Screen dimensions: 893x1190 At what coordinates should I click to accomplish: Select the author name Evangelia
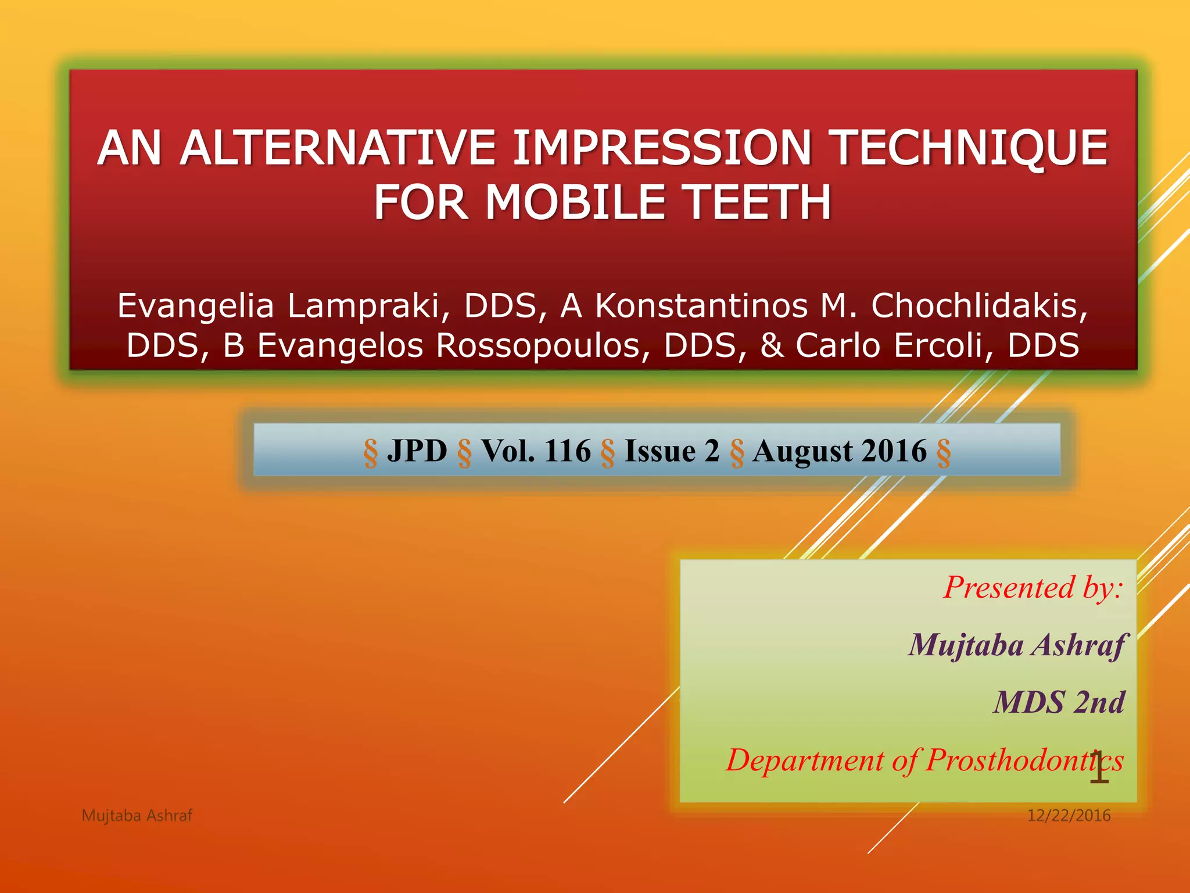[195, 306]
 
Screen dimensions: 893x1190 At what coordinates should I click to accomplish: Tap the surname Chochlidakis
[978, 305]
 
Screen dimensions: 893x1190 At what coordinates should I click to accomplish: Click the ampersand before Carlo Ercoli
[772, 345]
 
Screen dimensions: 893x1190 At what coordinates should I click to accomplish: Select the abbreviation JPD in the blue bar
[417, 451]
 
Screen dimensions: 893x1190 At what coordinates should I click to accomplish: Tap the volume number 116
[562, 451]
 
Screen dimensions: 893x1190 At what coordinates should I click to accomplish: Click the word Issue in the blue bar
[659, 451]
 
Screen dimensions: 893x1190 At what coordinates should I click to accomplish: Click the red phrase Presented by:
[1033, 587]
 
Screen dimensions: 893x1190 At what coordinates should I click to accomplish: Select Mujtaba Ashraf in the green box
[1017, 645]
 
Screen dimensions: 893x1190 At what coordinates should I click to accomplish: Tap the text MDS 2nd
[1058, 702]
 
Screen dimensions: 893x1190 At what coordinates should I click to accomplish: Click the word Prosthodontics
[1024, 760]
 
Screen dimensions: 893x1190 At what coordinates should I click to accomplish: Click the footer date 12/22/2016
[1069, 816]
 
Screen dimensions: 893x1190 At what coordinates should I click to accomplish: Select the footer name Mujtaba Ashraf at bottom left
[137, 816]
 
